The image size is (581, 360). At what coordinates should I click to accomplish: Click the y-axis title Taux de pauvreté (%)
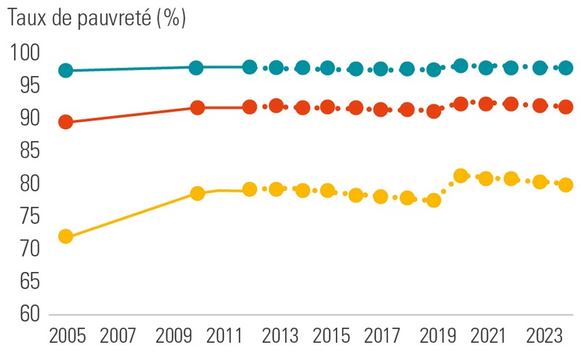point(96,19)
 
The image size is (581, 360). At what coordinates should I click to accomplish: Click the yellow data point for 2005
point(66,237)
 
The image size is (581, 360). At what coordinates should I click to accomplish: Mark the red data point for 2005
point(66,122)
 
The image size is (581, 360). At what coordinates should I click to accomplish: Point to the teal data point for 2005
point(66,71)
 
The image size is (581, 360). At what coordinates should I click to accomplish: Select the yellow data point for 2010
point(197,194)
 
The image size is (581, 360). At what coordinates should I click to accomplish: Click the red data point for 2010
point(197,108)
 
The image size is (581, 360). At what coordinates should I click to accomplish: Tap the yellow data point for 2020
point(460,176)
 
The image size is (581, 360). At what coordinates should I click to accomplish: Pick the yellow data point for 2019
point(434,200)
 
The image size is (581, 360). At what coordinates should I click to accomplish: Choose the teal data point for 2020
point(460,66)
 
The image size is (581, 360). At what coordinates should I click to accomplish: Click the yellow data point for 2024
point(565,185)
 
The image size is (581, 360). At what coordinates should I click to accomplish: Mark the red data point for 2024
point(565,107)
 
